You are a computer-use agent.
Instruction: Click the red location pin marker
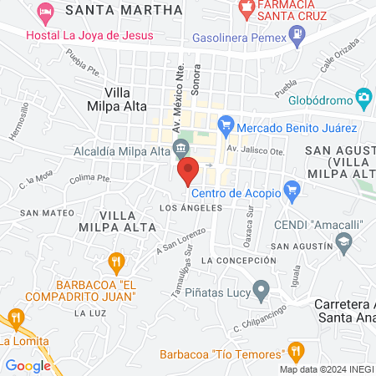188,170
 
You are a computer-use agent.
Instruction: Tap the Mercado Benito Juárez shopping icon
225,128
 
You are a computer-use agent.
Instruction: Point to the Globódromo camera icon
363,98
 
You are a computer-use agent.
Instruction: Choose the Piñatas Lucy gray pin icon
262,292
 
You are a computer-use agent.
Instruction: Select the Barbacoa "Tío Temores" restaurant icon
294,352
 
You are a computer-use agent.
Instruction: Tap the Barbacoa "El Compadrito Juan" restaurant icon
118,262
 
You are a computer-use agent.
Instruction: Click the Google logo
28,365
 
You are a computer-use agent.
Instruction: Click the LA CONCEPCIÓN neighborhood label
244,261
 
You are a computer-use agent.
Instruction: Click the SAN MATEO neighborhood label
37,213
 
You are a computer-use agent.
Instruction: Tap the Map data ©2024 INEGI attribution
327,369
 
